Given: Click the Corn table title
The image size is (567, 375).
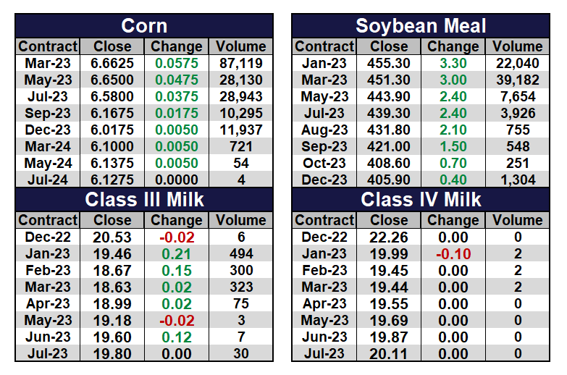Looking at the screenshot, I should click(144, 26).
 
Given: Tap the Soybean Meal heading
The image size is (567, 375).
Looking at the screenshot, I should click(421, 26).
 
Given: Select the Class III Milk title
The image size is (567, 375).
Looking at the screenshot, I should click(144, 198).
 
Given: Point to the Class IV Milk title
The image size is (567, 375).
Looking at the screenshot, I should click(421, 198).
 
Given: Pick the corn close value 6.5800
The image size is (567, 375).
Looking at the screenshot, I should click(112, 96).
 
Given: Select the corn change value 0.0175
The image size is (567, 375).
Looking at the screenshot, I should click(177, 113).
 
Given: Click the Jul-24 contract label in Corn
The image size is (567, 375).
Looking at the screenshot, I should click(49, 180).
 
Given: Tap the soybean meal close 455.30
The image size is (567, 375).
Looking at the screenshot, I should click(389, 63).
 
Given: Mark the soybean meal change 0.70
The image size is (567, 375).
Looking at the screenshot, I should click(453, 163).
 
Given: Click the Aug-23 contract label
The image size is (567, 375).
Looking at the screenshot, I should click(325, 130).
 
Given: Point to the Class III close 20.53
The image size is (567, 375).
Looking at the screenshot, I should click(112, 237).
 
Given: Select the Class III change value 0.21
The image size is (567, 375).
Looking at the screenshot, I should click(177, 254).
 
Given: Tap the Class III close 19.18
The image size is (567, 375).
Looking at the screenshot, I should click(112, 321).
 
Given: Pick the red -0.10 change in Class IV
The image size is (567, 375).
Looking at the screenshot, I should click(453, 254).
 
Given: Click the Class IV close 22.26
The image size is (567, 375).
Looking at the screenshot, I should click(389, 237).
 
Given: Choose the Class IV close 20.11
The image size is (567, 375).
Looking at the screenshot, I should click(389, 354).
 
